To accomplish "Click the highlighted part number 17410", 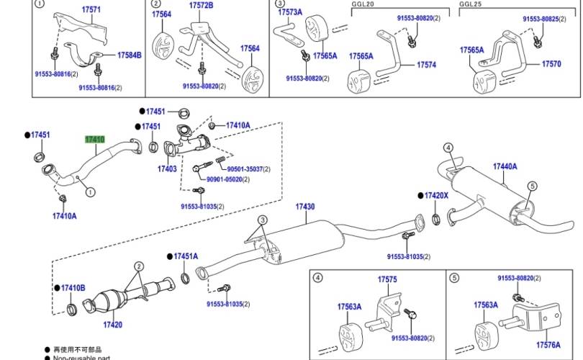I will point(94,140).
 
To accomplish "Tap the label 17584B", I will point(130,55).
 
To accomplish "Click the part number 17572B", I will point(202,5).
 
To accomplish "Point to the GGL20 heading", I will point(363,4).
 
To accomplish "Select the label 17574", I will point(426,65).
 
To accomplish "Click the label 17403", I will point(167,168).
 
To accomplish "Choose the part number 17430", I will point(304,207).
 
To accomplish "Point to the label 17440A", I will point(505,166).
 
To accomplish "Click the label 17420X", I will point(436,195).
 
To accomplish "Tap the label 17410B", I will point(73,288).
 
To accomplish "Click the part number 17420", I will point(112,325).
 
